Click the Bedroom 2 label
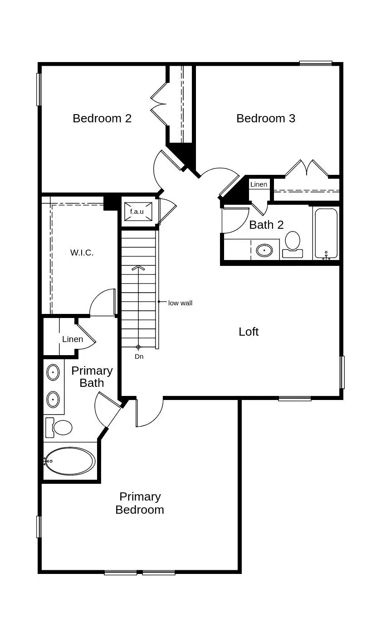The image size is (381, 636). (102, 118)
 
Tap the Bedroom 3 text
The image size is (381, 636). (266, 118)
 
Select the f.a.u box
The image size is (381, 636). (137, 212)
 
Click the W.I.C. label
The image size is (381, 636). (82, 253)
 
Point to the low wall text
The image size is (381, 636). (180, 303)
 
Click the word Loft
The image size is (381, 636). (249, 332)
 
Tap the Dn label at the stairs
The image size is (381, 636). (139, 357)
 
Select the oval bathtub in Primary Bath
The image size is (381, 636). (70, 461)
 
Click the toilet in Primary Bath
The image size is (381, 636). (60, 427)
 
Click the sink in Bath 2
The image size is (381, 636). (264, 250)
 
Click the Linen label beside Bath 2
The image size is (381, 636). (259, 184)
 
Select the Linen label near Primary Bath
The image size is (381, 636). (73, 339)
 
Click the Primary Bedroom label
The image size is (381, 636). (140, 503)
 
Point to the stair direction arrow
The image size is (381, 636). (139, 268)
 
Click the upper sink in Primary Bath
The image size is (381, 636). (53, 372)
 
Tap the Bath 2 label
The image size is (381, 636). (266, 225)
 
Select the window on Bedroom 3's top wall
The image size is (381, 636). (316, 63)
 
